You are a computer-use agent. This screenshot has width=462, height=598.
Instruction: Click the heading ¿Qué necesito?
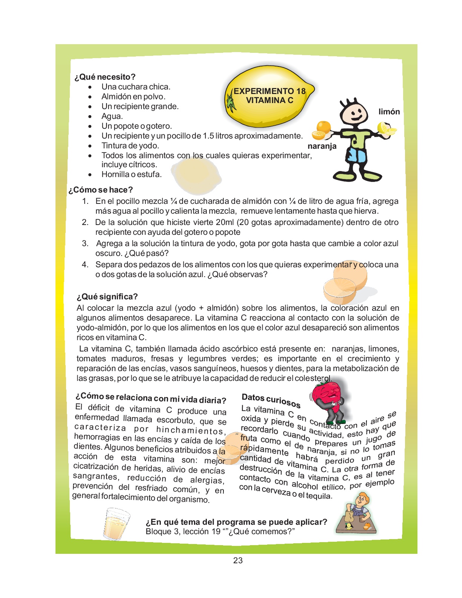tap(105, 77)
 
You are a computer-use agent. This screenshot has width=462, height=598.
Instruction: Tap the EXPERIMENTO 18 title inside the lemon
tap(269, 91)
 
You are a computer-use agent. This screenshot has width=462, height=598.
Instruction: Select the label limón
tap(389, 112)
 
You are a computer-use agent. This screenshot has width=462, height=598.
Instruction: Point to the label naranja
tap(322, 146)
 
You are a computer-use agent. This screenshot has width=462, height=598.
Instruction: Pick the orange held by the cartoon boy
tap(322, 130)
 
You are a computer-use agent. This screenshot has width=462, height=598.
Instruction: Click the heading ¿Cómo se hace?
tap(100, 190)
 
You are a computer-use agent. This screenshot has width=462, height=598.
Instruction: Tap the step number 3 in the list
tap(85, 244)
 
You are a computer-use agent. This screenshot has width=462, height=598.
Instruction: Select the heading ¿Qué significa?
tap(107, 297)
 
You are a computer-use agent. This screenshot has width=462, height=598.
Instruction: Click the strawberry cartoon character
tap(327, 400)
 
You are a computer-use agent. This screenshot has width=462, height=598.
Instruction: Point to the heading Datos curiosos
tap(271, 400)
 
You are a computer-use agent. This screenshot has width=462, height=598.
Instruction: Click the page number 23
tap(238, 561)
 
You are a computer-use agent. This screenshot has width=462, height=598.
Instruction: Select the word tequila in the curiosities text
tap(319, 495)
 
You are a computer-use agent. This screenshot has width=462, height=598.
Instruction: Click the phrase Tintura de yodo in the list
tap(130, 146)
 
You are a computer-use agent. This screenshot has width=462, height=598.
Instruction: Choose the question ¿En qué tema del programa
tap(236, 522)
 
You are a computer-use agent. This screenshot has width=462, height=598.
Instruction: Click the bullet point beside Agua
tap(90, 117)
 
